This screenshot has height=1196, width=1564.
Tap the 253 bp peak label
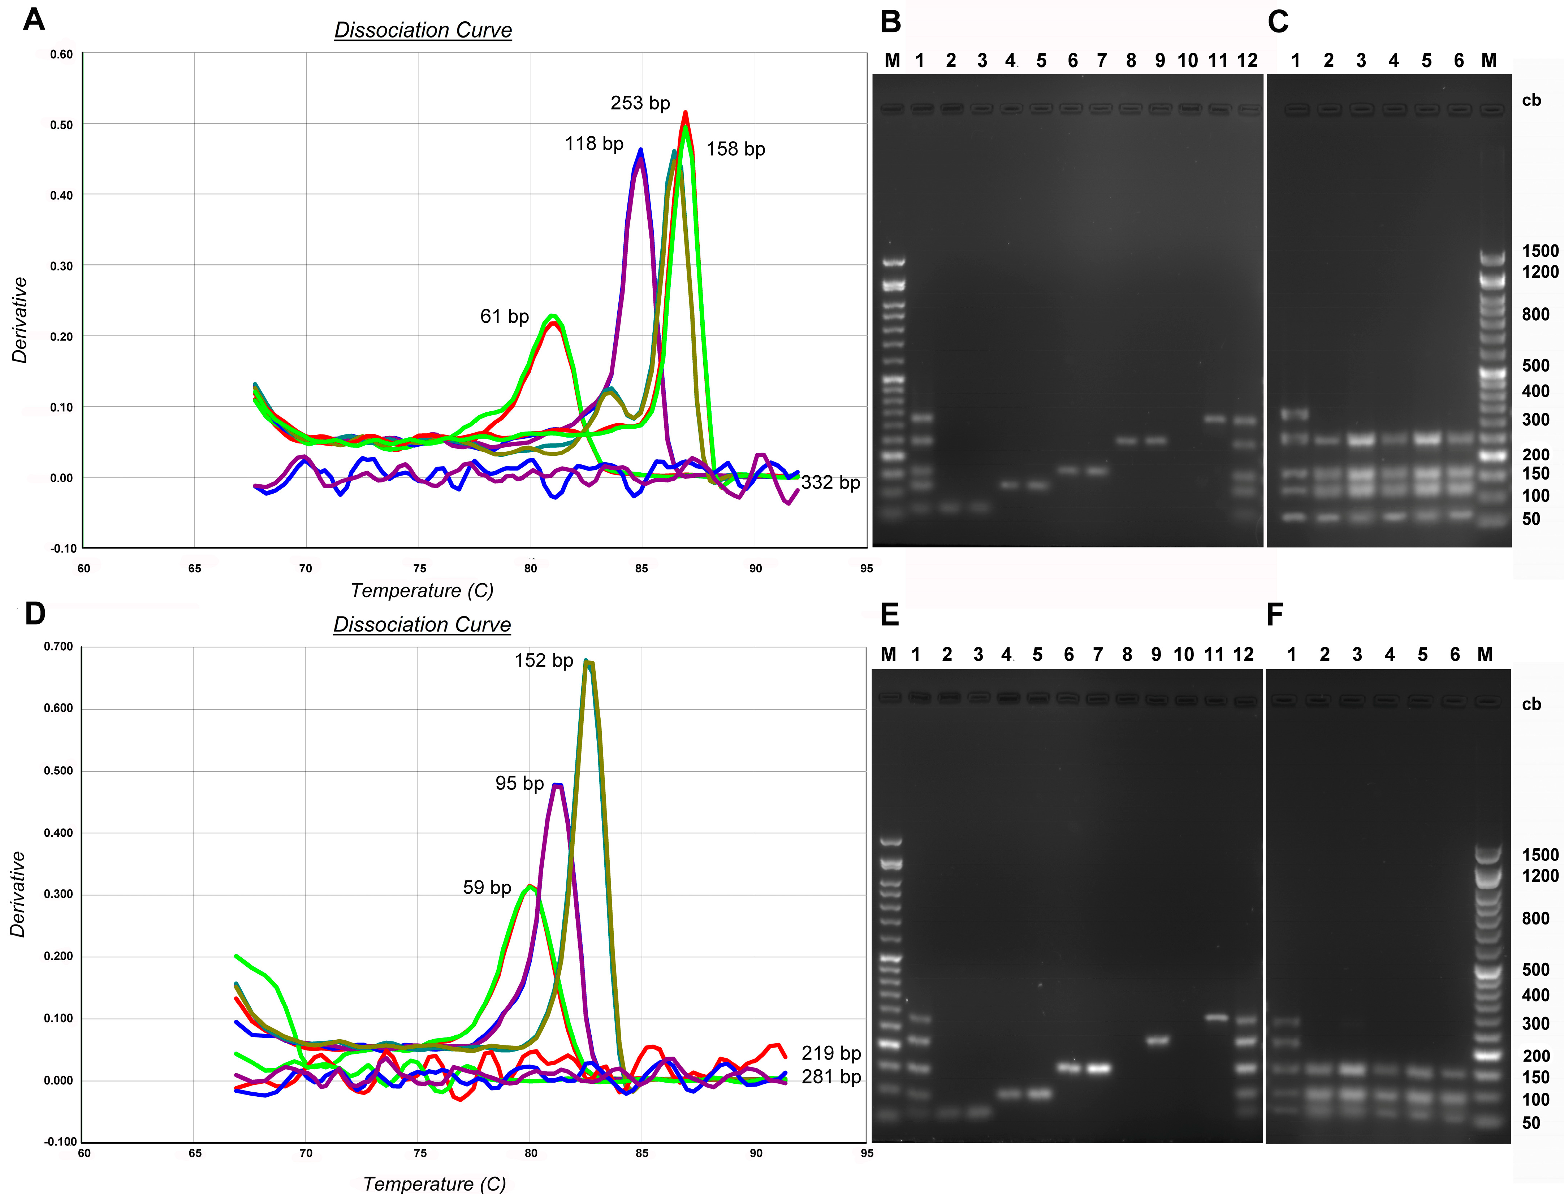(640, 103)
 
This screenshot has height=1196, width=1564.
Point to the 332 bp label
(830, 483)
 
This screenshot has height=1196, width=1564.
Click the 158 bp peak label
(735, 149)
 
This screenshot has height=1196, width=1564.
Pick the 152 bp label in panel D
(544, 660)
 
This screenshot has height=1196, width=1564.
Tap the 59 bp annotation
(487, 887)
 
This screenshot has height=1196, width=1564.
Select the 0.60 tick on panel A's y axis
(61, 55)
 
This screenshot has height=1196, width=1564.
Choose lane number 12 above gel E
(1243, 654)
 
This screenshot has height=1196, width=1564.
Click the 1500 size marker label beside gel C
(1540, 251)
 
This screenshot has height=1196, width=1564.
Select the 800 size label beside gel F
(1535, 918)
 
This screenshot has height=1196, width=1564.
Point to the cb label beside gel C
(1531, 100)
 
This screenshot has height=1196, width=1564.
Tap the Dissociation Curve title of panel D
(422, 624)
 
